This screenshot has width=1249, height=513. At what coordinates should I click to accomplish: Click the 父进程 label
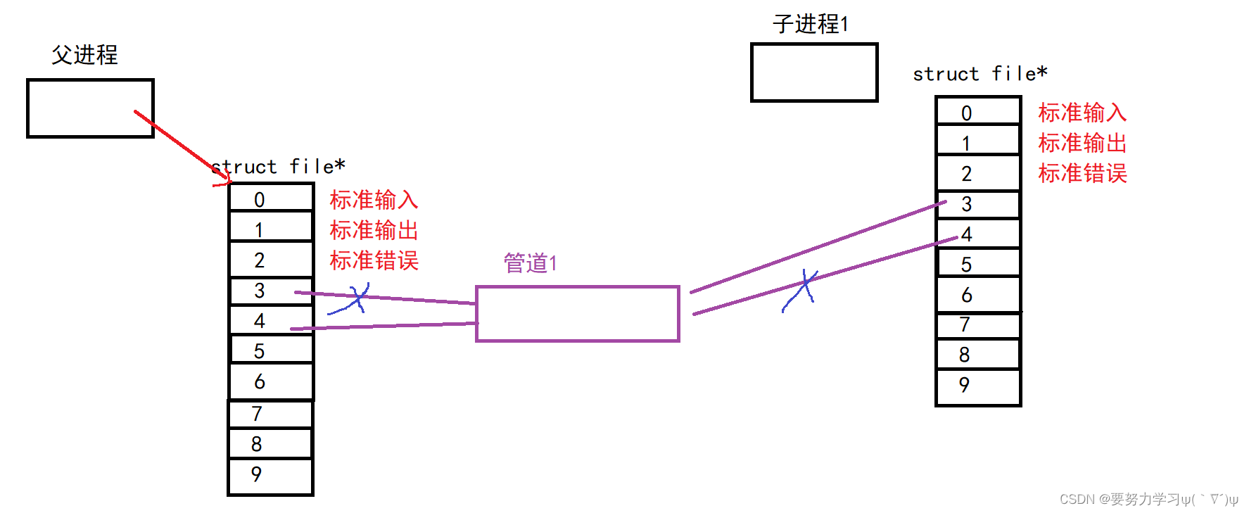tap(84, 55)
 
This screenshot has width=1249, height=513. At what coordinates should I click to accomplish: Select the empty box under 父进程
tap(90, 108)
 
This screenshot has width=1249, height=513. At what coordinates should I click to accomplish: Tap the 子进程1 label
tap(811, 24)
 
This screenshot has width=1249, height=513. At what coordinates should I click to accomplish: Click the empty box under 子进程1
tap(814, 72)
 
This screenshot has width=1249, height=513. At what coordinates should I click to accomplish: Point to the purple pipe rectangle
tap(578, 314)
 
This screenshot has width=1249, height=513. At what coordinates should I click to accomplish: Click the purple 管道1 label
tap(531, 263)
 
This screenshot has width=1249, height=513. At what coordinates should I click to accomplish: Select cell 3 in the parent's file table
tap(271, 291)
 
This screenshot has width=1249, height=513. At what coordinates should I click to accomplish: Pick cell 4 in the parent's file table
tap(271, 321)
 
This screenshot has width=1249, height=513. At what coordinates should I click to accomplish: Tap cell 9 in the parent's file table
tap(271, 476)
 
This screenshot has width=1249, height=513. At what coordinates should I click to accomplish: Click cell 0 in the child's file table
tap(978, 113)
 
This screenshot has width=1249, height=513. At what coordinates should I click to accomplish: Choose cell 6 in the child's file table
tap(978, 295)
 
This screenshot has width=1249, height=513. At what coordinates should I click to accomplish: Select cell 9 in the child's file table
tap(978, 386)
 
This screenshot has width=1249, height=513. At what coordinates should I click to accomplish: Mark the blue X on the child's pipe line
tap(802, 288)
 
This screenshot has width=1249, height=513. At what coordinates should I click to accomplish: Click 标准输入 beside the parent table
tap(374, 200)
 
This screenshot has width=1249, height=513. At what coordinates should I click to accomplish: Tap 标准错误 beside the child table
tap(1082, 173)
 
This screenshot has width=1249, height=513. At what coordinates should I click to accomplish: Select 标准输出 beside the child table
tap(1082, 143)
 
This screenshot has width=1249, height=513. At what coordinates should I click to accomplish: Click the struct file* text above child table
tap(979, 74)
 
